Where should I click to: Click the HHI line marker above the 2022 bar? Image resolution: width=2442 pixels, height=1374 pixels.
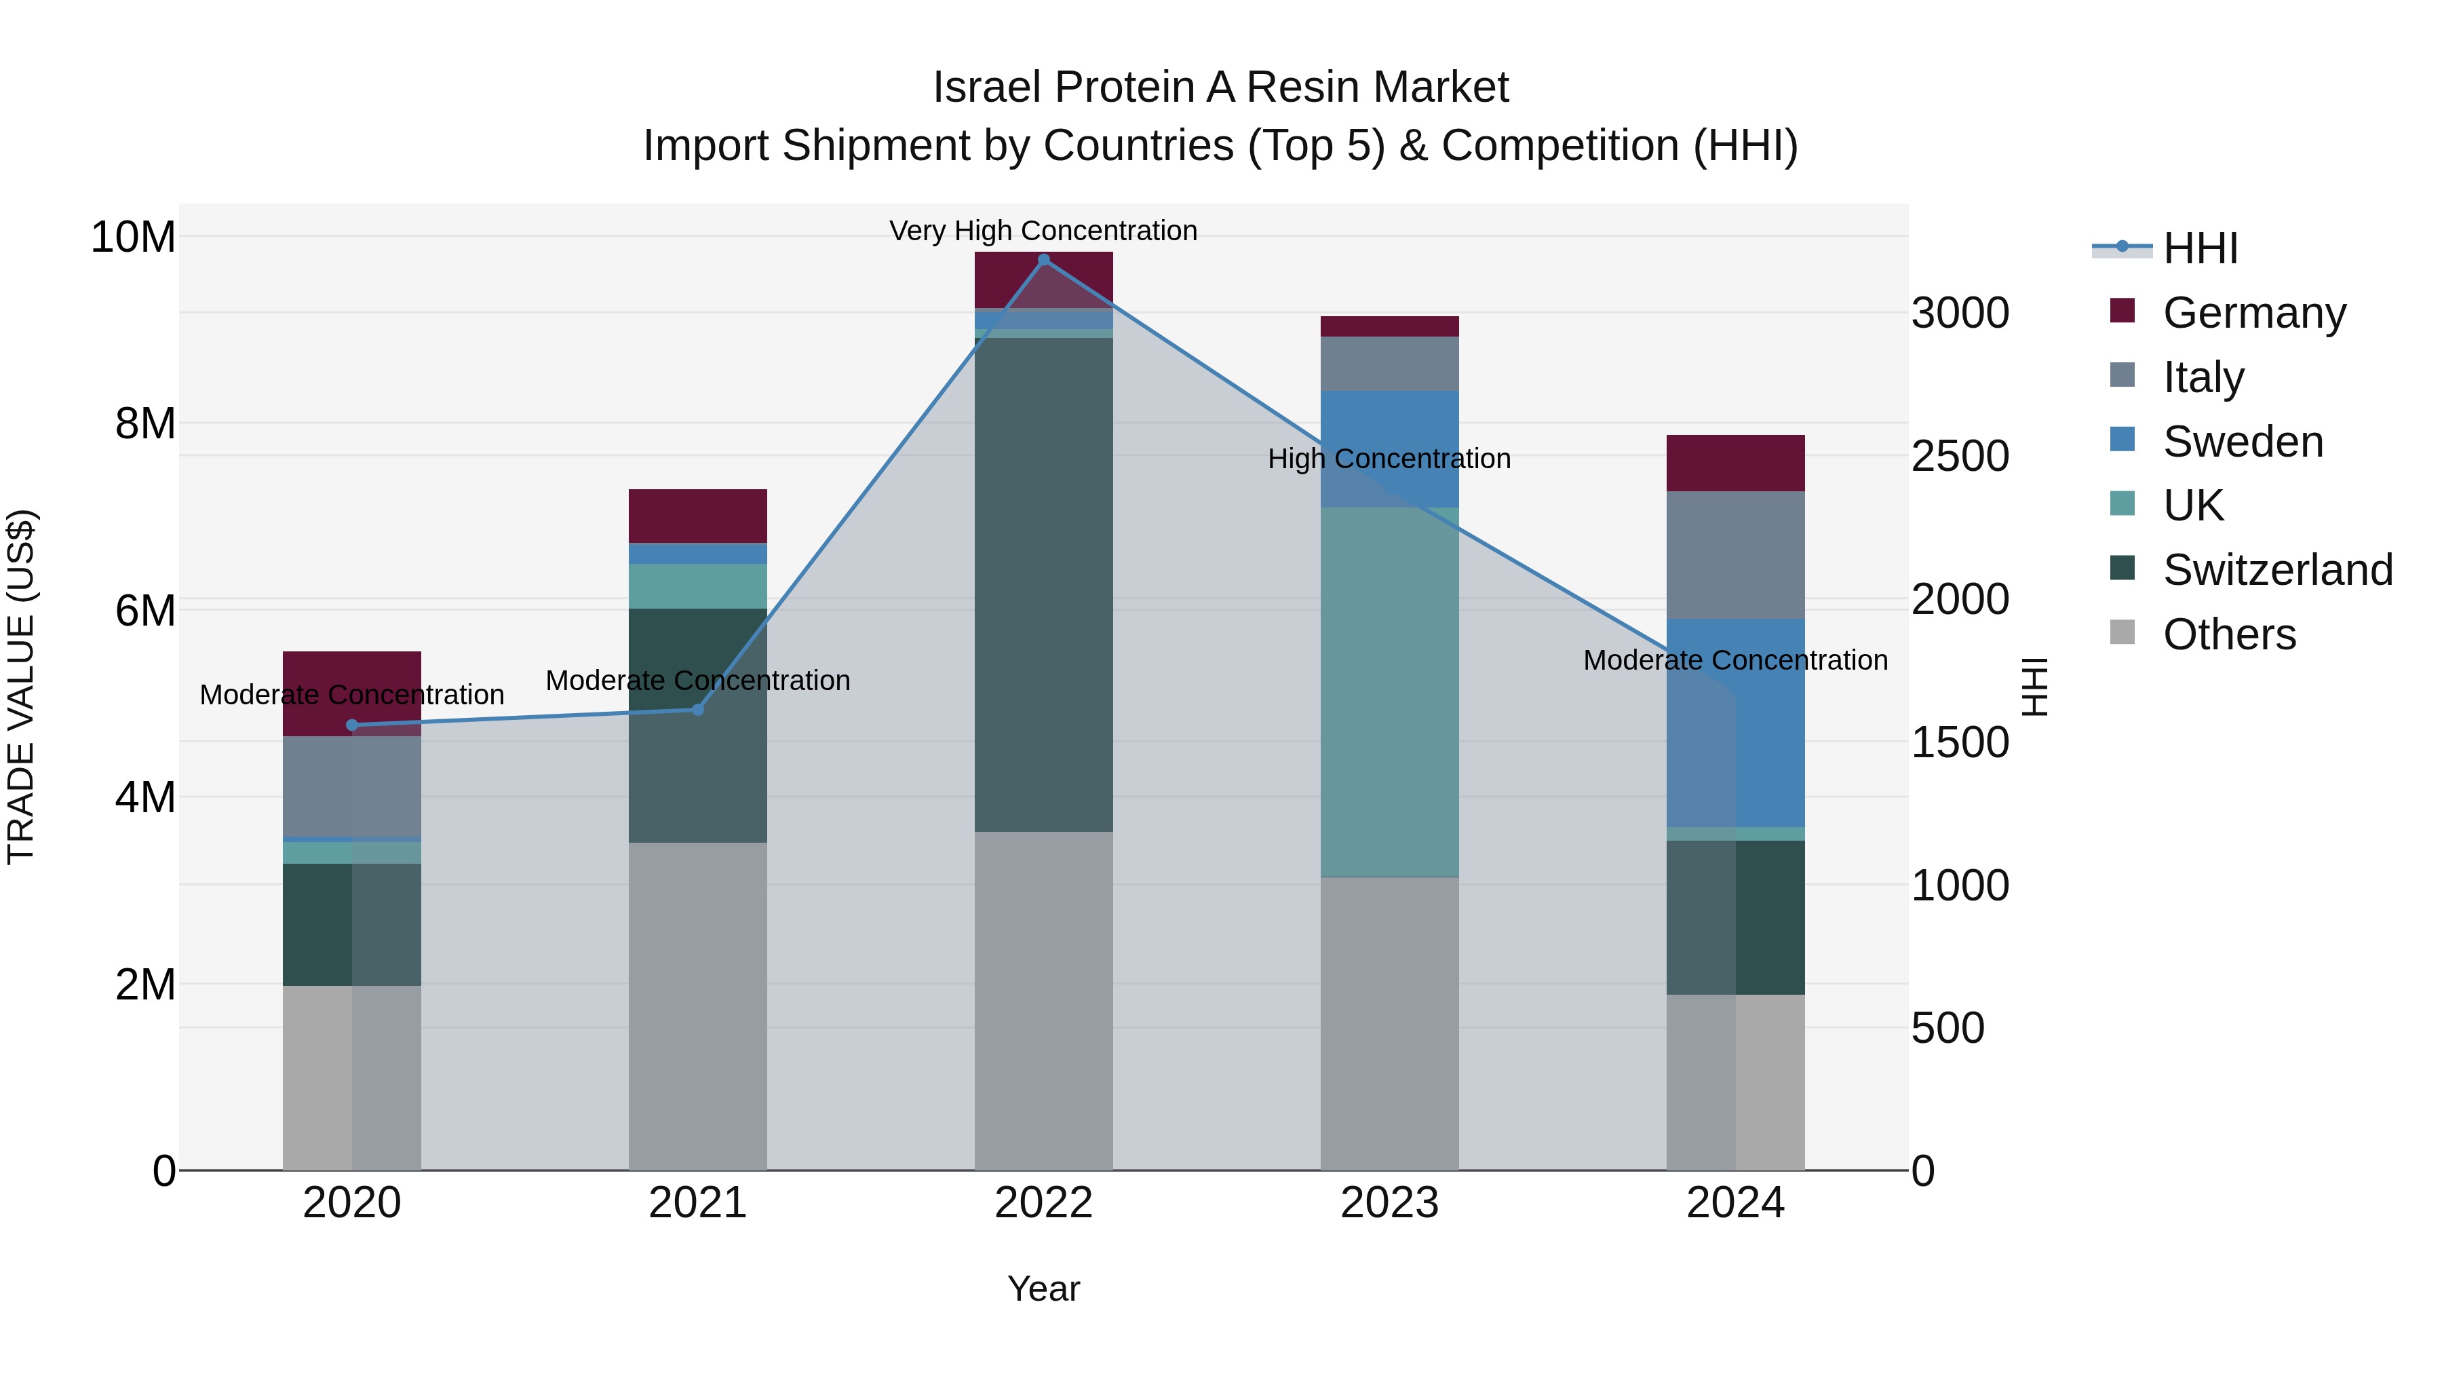(1044, 259)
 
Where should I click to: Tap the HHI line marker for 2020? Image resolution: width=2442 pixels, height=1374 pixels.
(351, 725)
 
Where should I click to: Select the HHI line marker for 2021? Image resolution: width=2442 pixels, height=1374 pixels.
(698, 709)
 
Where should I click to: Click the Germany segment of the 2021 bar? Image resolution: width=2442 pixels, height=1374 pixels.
(698, 516)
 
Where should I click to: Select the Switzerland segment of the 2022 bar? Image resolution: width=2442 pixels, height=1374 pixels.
(1044, 584)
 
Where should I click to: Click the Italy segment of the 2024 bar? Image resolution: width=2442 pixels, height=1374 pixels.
(1734, 555)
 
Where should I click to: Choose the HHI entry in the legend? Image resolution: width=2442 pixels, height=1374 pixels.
(2199, 248)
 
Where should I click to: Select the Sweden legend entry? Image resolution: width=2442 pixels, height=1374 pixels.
(2242, 442)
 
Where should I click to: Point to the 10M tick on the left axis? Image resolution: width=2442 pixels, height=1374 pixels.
(133, 236)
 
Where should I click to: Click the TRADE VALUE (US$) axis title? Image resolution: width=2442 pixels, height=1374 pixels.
(21, 687)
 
